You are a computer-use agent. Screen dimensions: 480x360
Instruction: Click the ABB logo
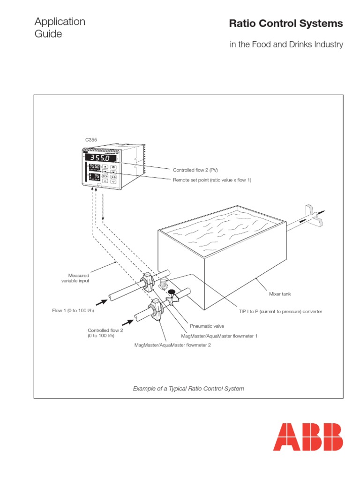click(x=308, y=436)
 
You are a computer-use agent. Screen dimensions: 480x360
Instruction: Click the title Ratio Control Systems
click(x=285, y=23)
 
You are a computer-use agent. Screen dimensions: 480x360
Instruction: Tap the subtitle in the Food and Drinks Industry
click(x=286, y=45)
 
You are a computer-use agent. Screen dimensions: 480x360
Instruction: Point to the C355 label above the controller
click(x=91, y=140)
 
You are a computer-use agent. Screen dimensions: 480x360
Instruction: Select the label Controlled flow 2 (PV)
click(x=195, y=170)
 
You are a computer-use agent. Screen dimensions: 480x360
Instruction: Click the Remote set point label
click(x=212, y=180)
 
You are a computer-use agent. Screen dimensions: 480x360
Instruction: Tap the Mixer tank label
click(x=280, y=294)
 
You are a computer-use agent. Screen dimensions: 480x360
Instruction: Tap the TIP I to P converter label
click(x=280, y=311)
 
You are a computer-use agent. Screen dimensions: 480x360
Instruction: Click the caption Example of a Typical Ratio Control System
click(x=188, y=389)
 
